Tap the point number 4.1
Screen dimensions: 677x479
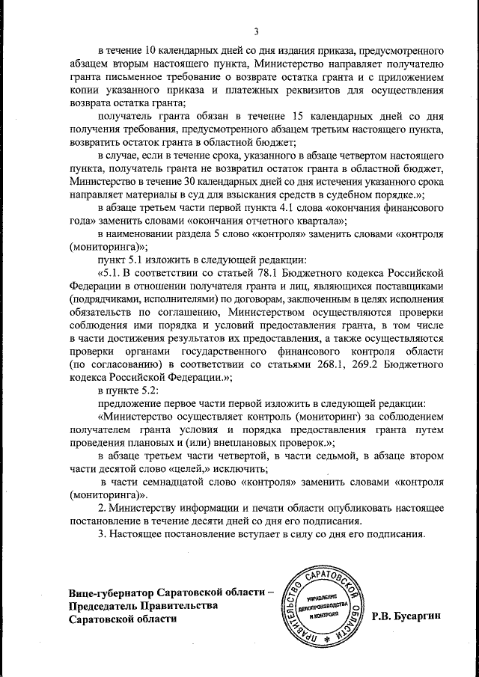314,206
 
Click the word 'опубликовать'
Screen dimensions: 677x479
338,508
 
